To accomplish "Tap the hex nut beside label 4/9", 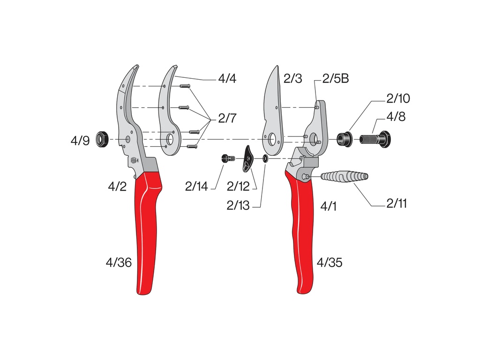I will click(x=103, y=139).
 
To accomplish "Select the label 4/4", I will click(x=227, y=78).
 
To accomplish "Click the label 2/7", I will click(x=227, y=119).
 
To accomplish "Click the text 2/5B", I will click(x=335, y=78).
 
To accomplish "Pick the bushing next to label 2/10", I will click(x=345, y=139).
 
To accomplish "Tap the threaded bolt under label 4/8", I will click(x=375, y=139).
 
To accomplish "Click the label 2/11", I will click(x=397, y=203).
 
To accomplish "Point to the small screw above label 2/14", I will click(x=227, y=159).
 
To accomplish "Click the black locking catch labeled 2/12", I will click(x=247, y=159).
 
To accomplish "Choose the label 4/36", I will click(x=119, y=262).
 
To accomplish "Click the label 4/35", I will click(x=329, y=262).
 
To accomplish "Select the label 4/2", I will click(x=117, y=187).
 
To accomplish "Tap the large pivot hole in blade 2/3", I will click(x=272, y=139).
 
